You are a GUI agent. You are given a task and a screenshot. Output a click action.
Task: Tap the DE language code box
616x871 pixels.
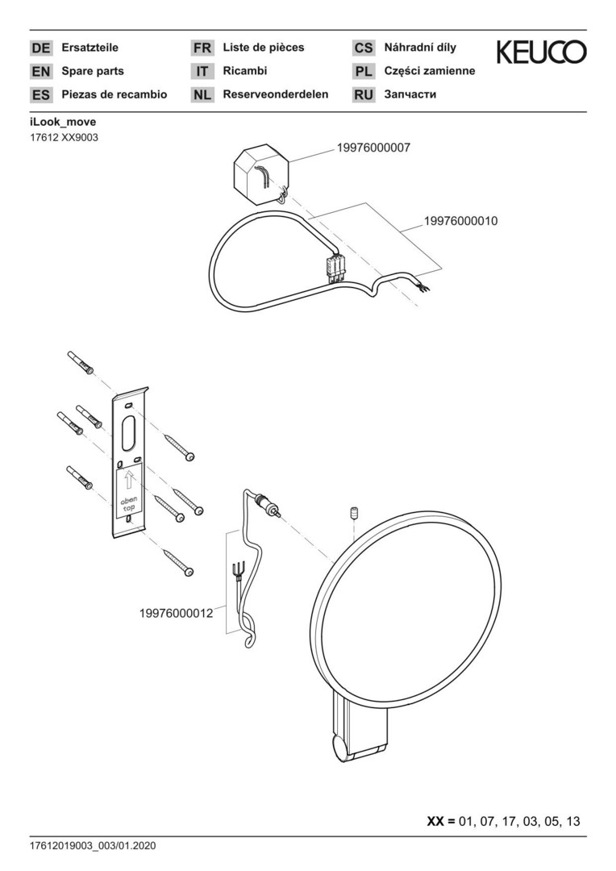tap(40, 48)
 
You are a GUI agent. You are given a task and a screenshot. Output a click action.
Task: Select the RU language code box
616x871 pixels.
tap(364, 95)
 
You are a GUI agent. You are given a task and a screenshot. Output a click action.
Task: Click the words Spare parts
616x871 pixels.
tap(93, 71)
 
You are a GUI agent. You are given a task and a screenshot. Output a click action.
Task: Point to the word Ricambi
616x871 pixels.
tap(245, 71)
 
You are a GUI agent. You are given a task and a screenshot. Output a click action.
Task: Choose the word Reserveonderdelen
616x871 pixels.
tap(276, 94)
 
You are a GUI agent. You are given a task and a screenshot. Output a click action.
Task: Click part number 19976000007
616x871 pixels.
tap(373, 148)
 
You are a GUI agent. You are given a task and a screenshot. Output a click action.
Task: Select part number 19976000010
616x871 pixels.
tap(461, 221)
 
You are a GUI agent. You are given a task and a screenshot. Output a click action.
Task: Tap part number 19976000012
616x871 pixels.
tap(176, 613)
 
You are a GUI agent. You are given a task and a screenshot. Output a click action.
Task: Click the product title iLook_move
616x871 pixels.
tap(63, 123)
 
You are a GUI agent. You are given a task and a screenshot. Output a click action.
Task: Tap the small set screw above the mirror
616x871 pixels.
tap(352, 513)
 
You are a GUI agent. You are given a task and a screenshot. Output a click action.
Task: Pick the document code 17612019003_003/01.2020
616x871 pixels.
tap(93, 846)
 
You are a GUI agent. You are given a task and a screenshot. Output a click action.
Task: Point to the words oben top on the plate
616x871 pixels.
tap(129, 504)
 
